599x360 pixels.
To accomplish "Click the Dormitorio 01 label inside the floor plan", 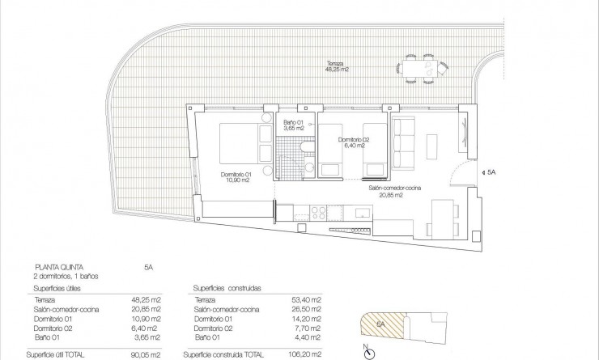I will (x=236, y=178).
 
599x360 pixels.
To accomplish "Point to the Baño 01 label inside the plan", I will (x=292, y=125).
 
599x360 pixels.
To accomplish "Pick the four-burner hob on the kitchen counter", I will (x=313, y=212).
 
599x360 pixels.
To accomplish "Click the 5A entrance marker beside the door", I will (x=492, y=172).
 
